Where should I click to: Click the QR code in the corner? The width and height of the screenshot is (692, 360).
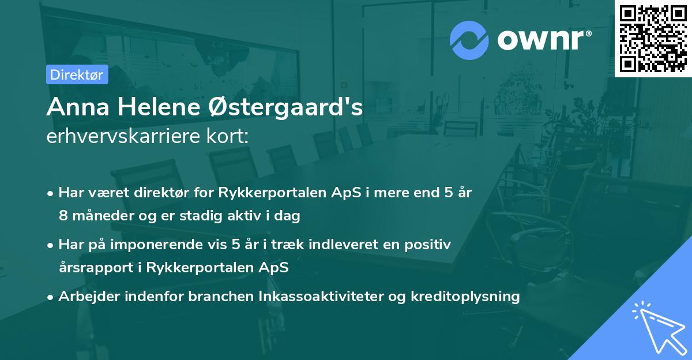653,38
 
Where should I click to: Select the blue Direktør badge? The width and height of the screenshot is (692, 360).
77,74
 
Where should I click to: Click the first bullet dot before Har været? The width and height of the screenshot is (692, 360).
51,193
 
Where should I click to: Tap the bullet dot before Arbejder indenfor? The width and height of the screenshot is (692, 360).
51,297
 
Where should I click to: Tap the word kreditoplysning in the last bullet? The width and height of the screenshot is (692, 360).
465,297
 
